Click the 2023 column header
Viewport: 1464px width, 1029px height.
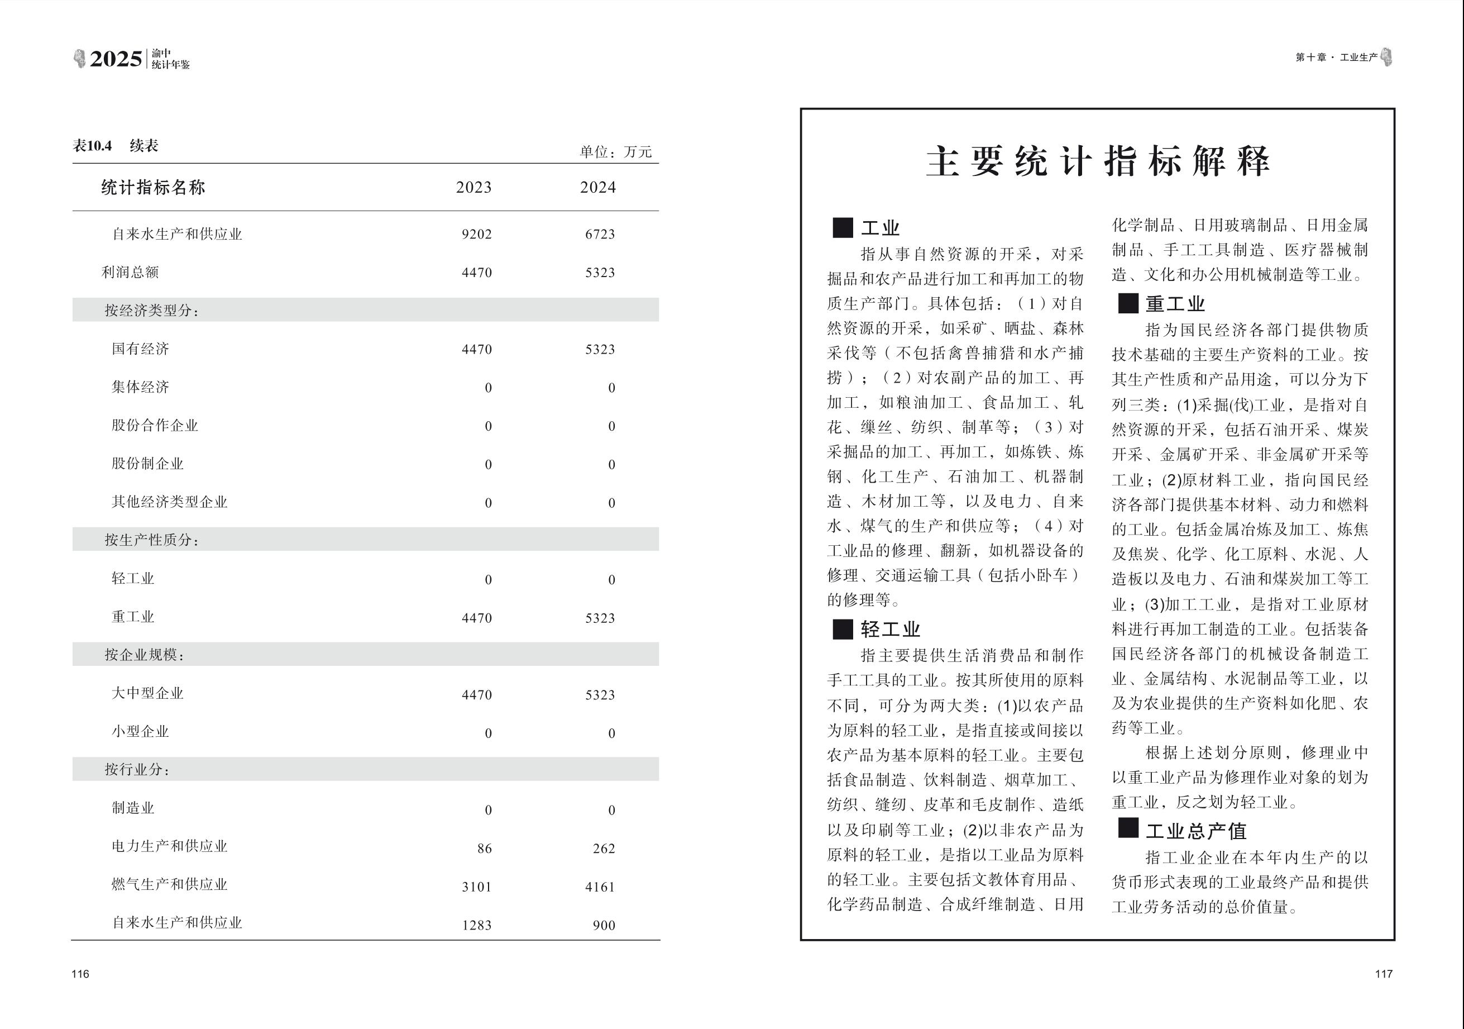pyautogui.click(x=473, y=188)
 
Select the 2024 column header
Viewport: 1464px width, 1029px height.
pyautogui.click(x=597, y=188)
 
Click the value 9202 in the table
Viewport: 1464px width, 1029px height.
pyautogui.click(x=477, y=234)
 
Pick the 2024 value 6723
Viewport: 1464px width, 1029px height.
pyautogui.click(x=600, y=234)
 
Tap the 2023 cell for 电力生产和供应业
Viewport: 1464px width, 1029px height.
pyautogui.click(x=485, y=849)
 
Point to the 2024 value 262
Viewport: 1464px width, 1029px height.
pyautogui.click(x=604, y=849)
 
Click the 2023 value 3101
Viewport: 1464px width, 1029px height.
pyautogui.click(x=477, y=887)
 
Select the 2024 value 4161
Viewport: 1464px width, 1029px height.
pyautogui.click(x=600, y=887)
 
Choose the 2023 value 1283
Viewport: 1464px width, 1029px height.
pyautogui.click(x=477, y=925)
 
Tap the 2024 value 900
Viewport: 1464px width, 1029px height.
pyautogui.click(x=604, y=925)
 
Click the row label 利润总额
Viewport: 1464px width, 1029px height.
pyautogui.click(x=130, y=273)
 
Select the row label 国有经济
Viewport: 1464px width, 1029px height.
pyautogui.click(x=140, y=349)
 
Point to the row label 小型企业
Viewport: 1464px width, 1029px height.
pyautogui.click(x=140, y=732)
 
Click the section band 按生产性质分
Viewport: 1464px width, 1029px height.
pyautogui.click(x=152, y=540)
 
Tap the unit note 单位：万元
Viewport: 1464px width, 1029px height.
pyautogui.click(x=615, y=152)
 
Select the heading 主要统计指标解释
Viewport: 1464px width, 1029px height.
pyautogui.click(x=1097, y=161)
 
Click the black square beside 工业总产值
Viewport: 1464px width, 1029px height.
pyautogui.click(x=1128, y=828)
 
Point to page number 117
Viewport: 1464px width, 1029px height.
pyautogui.click(x=1384, y=974)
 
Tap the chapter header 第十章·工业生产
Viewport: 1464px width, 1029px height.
pyautogui.click(x=1336, y=58)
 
